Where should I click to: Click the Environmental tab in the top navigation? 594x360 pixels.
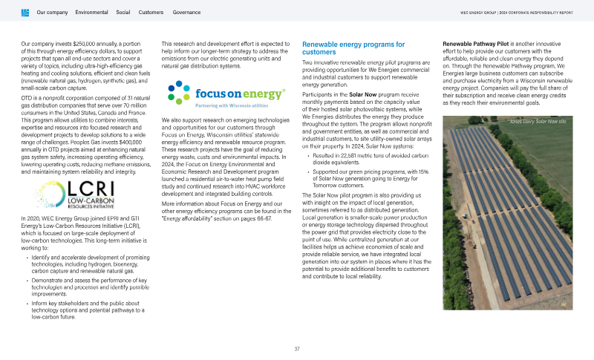click(x=91, y=13)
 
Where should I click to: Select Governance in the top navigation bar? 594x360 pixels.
click(x=186, y=13)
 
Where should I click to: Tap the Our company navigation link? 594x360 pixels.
click(x=52, y=13)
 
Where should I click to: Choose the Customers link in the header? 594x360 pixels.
click(x=151, y=13)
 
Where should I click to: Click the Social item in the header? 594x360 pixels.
click(x=123, y=13)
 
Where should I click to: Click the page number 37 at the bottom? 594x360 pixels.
click(x=297, y=348)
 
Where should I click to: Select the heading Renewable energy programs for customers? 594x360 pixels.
click(x=342, y=48)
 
